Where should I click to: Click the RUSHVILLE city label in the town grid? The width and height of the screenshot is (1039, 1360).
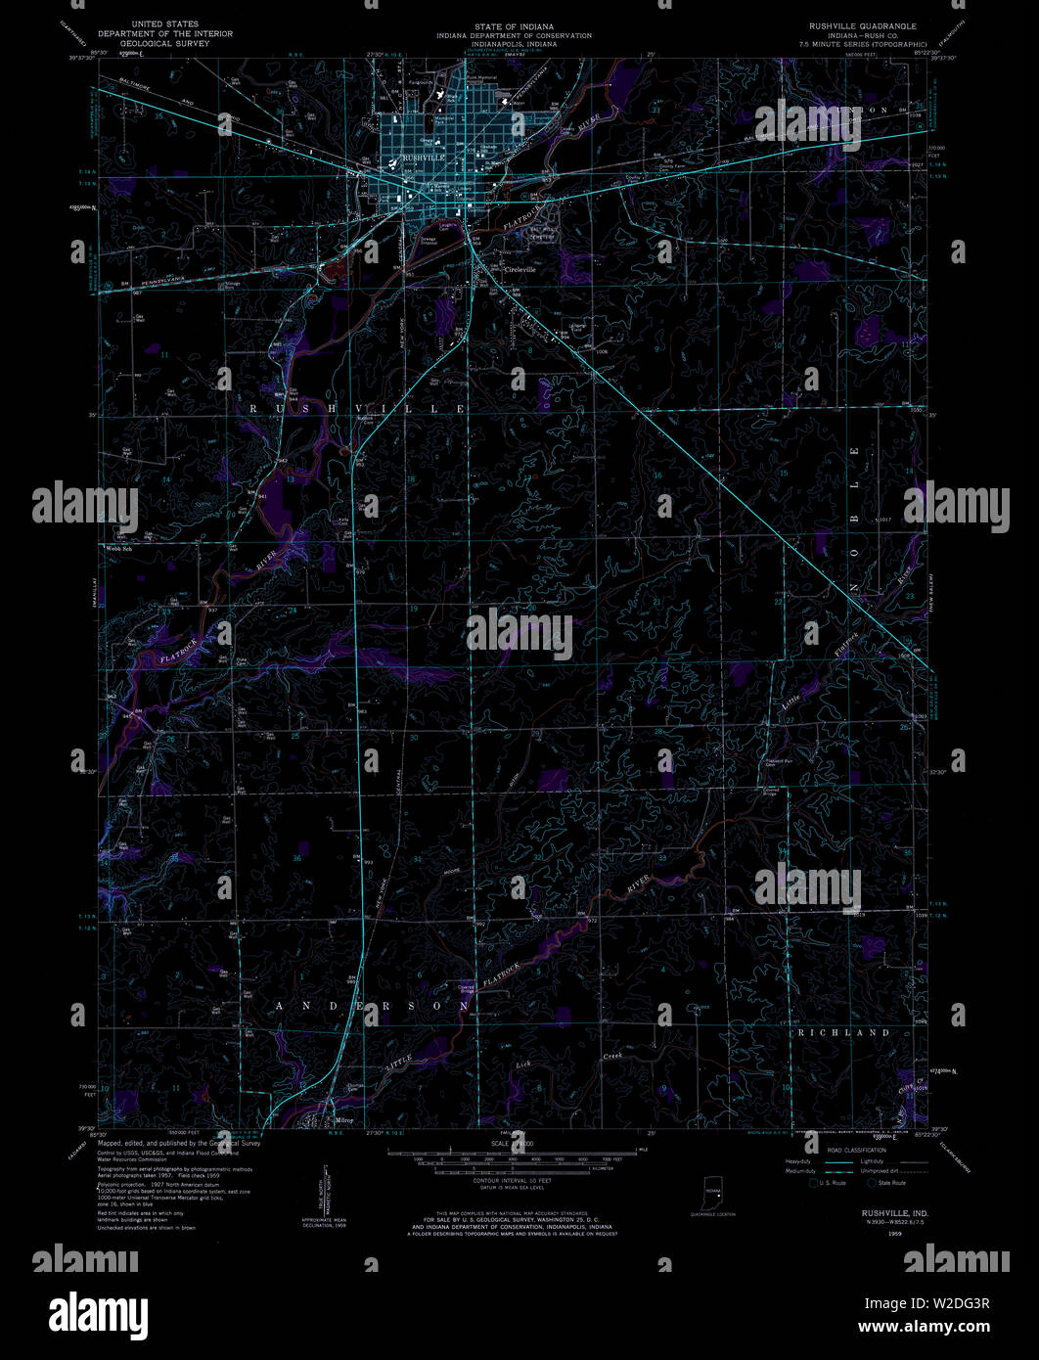(x=423, y=158)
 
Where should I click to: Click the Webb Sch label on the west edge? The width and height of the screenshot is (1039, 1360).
(x=117, y=549)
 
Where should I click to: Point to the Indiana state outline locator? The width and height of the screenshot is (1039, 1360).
(x=712, y=1195)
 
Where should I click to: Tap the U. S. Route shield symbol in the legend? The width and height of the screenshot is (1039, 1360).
(x=814, y=1183)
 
